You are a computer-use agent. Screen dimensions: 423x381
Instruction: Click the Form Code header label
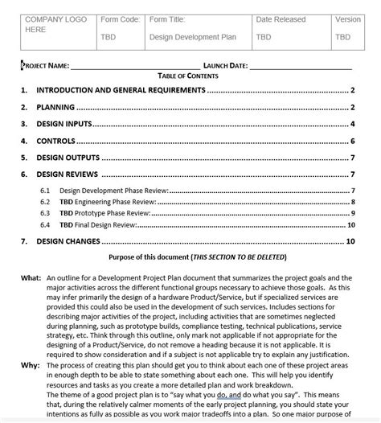pos(120,18)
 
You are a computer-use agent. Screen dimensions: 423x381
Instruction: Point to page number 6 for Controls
pos(353,141)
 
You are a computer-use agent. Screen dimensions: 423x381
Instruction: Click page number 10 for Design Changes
pos(350,240)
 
